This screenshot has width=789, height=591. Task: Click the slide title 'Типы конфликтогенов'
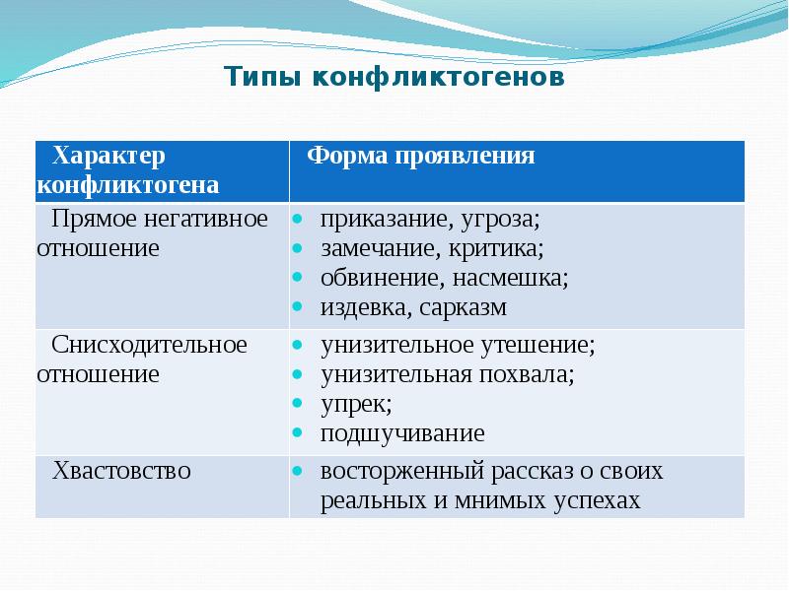click(394, 77)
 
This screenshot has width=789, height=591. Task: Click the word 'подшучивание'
click(402, 433)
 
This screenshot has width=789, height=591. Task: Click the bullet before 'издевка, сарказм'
click(297, 308)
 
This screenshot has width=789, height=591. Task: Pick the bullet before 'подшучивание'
click(297, 434)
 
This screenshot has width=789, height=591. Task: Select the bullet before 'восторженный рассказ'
click(297, 472)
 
